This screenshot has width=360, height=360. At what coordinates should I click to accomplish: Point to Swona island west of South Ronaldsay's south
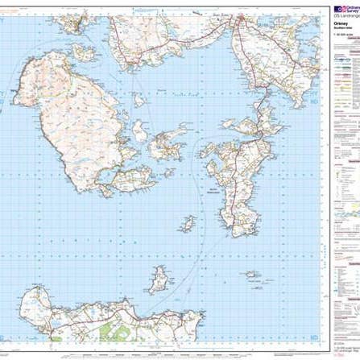pos(190,221)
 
